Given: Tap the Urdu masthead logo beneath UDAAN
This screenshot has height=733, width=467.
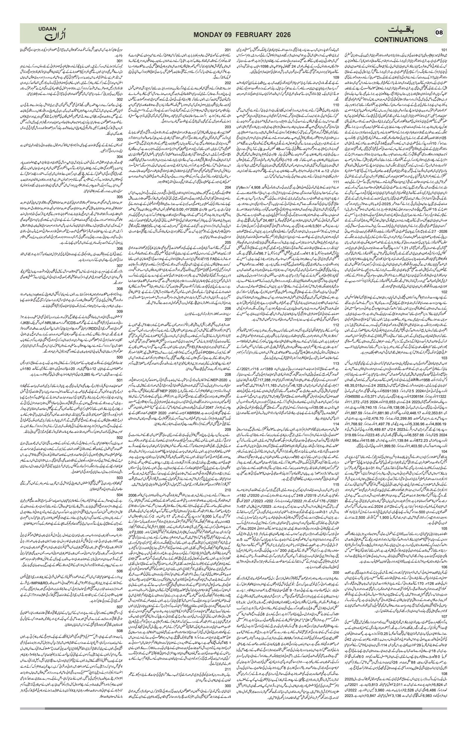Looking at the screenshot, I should coord(55,36).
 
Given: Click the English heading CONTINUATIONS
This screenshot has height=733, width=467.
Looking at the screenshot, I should coord(401,40).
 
